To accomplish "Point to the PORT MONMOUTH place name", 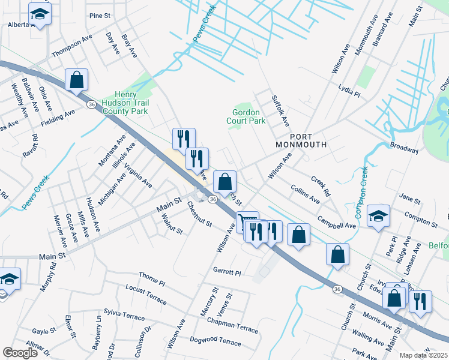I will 301,140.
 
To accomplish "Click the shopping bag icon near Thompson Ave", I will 77,80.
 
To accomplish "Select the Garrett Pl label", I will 227,272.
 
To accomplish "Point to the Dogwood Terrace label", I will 215,341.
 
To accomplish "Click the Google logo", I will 20,353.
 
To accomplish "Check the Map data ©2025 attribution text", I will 423,355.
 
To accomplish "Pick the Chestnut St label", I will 200,215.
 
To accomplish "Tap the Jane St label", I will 409,199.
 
